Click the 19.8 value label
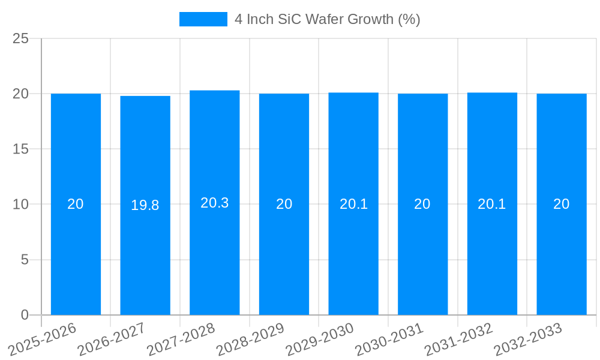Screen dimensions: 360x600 tap(145, 205)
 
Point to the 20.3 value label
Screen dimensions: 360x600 tap(214, 203)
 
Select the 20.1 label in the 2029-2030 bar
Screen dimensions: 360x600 tap(353, 204)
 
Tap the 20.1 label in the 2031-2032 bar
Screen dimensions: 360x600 tap(492, 204)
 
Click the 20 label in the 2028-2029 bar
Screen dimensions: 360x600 tap(284, 204)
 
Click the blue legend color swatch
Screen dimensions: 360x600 tap(203, 19)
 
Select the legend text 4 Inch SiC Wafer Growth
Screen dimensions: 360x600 tap(327, 19)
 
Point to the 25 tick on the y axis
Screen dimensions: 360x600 tap(20, 38)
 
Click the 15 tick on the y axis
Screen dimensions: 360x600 tap(20, 149)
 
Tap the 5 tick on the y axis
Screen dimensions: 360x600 tap(25, 260)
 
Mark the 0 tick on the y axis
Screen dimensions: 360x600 tap(25, 315)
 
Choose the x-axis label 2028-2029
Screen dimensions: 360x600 tap(250, 340)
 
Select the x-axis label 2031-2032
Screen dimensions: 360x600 tap(458, 340)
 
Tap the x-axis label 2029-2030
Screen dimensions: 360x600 tap(320, 340)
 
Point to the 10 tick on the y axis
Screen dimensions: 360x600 tap(20, 205)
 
